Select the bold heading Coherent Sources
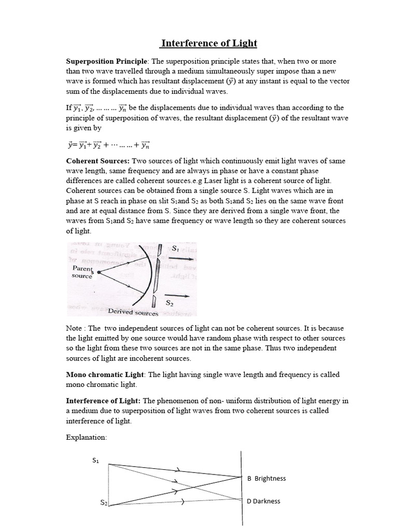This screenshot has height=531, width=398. pyautogui.click(x=97, y=161)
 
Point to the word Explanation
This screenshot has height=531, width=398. pyautogui.click(x=87, y=438)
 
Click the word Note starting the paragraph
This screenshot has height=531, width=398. pyautogui.click(x=74, y=329)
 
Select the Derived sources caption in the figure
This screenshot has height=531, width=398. pyautogui.click(x=133, y=312)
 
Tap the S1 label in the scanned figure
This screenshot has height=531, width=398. pyautogui.click(x=175, y=249)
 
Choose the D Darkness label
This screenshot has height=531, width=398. pyautogui.click(x=266, y=501)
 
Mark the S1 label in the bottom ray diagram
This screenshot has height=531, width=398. pyautogui.click(x=95, y=460)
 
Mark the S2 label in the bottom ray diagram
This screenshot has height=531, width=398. pyautogui.click(x=104, y=502)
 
